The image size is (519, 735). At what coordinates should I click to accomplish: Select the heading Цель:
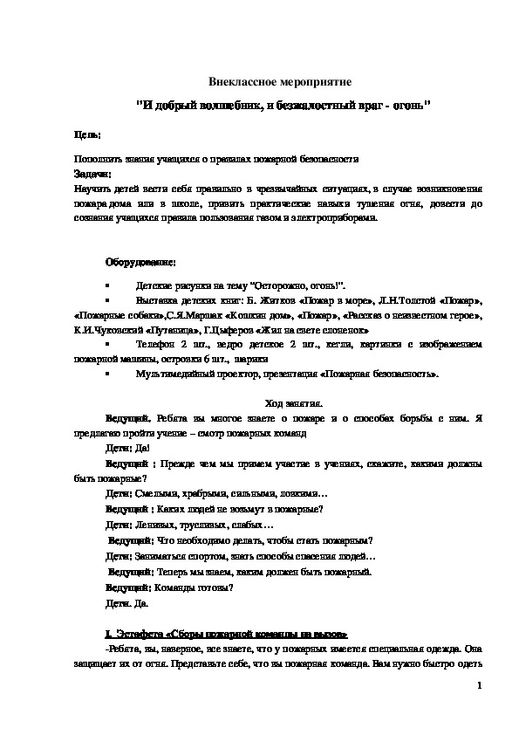[x=87, y=135]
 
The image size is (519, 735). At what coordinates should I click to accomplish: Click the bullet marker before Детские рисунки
[x=106, y=286]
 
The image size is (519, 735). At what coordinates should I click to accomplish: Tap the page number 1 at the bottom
[x=479, y=687]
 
